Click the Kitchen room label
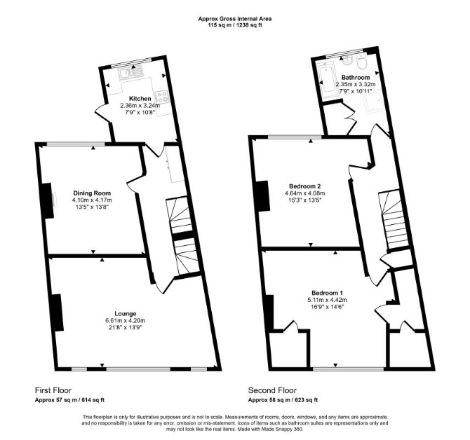[140, 99]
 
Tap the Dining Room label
[92, 193]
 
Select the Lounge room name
[126, 314]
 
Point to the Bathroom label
[356, 78]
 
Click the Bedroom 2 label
[305, 186]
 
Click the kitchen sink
[131, 73]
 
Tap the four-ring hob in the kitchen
[162, 97]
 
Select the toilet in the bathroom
[361, 62]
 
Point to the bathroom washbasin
[348, 61]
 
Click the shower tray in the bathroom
[373, 100]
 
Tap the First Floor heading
[53, 390]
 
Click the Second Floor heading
[272, 390]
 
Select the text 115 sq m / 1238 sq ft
[235, 25]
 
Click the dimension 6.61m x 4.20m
[126, 321]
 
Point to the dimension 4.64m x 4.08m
[305, 193]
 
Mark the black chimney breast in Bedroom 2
[262, 196]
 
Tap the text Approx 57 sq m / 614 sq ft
[69, 400]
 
